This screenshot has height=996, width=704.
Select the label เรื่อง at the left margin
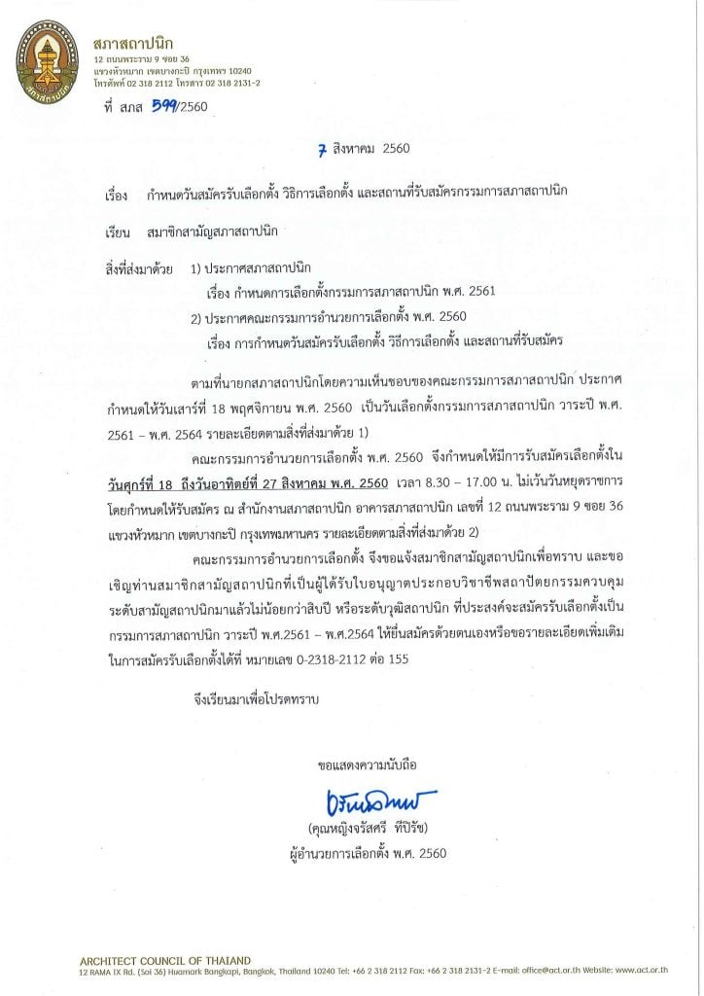116,196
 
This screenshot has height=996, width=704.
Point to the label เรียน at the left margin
116,232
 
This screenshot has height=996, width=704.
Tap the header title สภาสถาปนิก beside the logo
132,45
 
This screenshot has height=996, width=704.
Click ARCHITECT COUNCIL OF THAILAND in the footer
164,960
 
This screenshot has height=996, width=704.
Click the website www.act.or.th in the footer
652,971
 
